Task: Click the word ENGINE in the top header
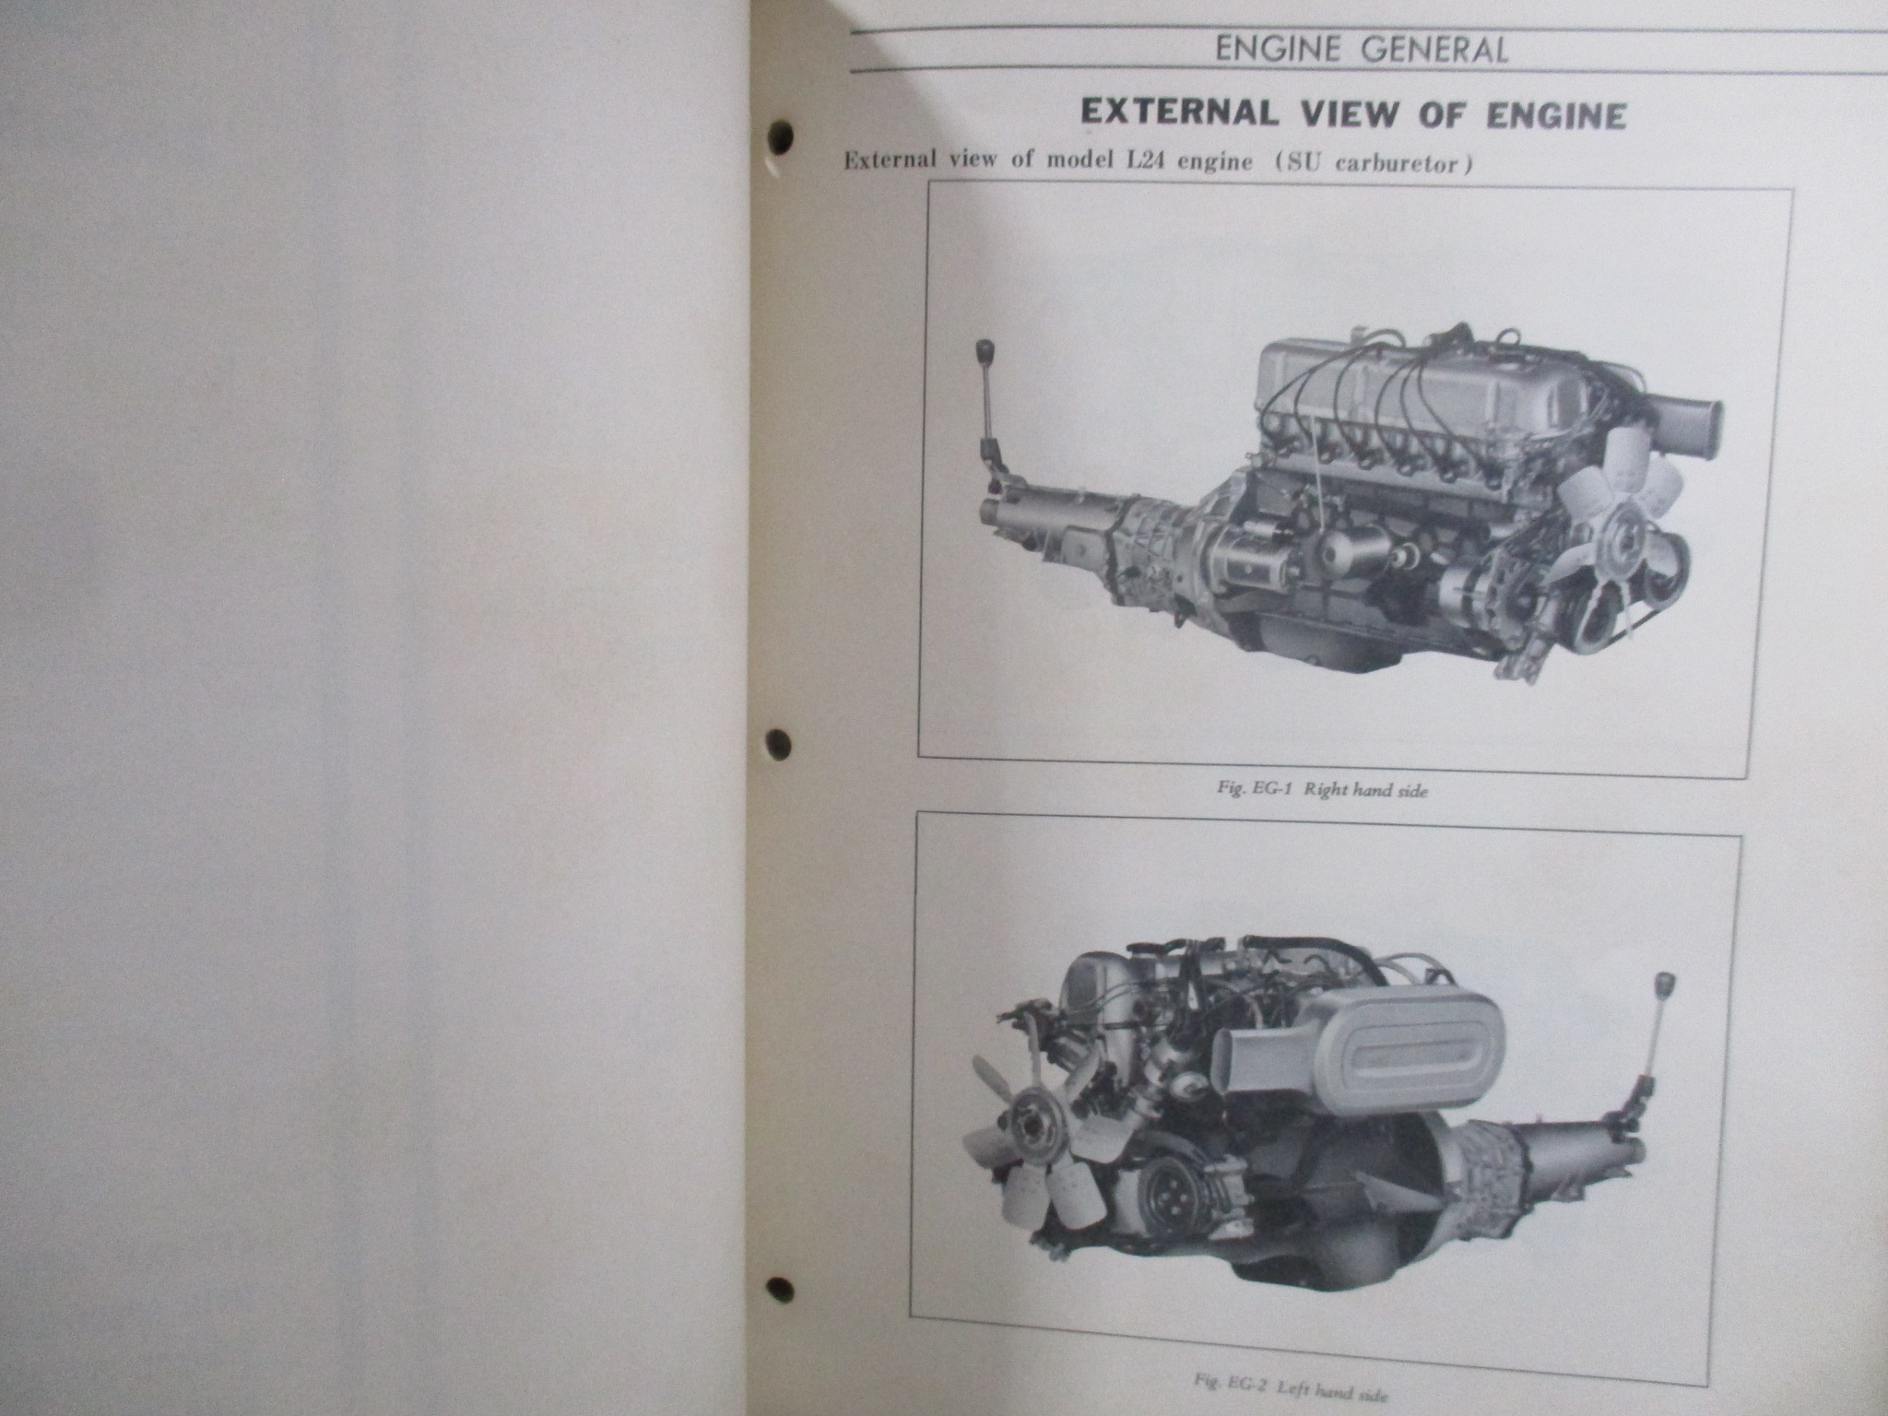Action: click(1277, 50)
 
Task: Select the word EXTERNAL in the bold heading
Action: click(1179, 114)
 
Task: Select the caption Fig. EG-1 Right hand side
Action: click(1322, 790)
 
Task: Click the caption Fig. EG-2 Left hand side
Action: click(1290, 1391)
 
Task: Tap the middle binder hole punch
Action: click(779, 743)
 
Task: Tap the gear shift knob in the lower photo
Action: click(1666, 983)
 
